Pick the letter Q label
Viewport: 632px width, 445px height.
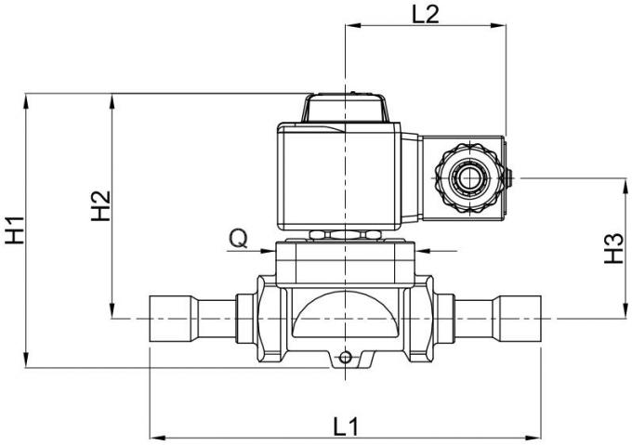click(x=238, y=239)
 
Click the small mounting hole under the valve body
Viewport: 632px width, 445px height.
click(x=345, y=357)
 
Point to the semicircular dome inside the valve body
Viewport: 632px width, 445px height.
click(x=345, y=316)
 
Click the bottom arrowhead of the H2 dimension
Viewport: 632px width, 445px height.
click(x=112, y=313)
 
